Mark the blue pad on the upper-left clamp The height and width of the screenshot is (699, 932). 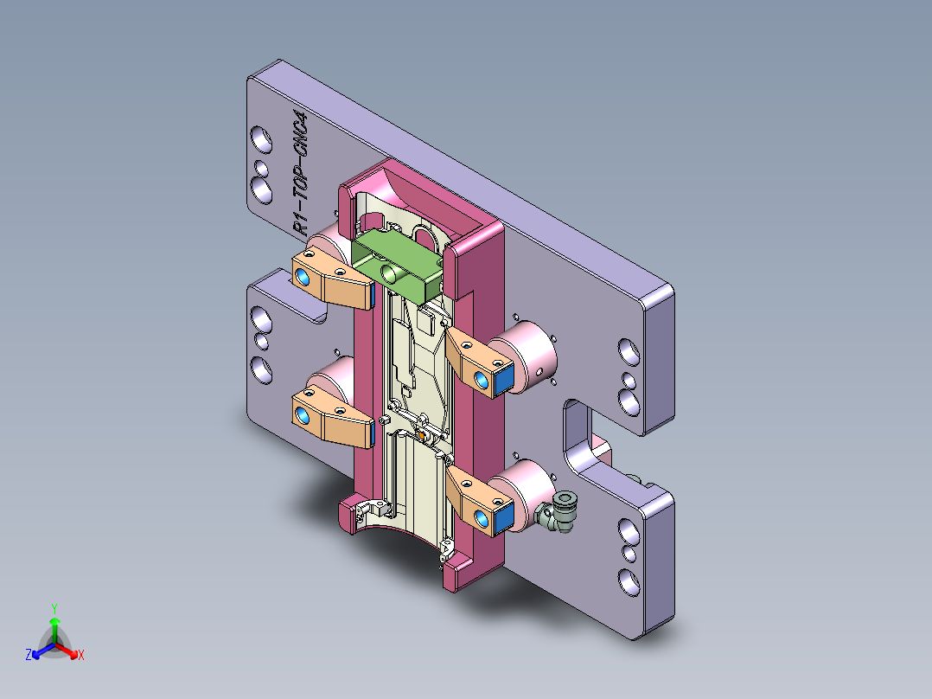[303, 276]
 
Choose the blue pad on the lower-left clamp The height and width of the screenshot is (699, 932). [303, 417]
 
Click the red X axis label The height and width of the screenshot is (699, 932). [80, 655]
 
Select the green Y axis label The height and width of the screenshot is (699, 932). [54, 608]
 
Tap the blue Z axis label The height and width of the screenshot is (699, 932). [29, 655]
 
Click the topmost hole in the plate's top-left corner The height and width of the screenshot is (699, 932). [259, 137]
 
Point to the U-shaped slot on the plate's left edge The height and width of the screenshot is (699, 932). [298, 294]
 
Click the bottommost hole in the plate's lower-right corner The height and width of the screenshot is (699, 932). [627, 580]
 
